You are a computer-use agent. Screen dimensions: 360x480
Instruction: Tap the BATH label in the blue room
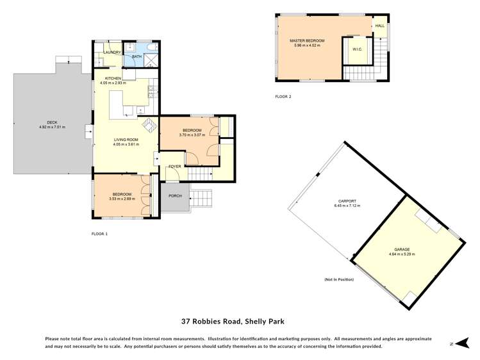pyautogui.click(x=136, y=57)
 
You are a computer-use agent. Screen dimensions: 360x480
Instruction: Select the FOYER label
pyautogui.click(x=174, y=167)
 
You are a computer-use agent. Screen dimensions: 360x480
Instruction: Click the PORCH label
pyautogui.click(x=174, y=196)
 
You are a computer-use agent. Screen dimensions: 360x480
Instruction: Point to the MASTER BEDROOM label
pyautogui.click(x=306, y=41)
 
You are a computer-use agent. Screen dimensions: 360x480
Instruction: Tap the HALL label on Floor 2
pyautogui.click(x=379, y=26)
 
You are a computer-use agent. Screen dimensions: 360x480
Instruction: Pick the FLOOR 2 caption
pyautogui.click(x=283, y=97)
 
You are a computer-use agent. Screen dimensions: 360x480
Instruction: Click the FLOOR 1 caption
pyautogui.click(x=99, y=234)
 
